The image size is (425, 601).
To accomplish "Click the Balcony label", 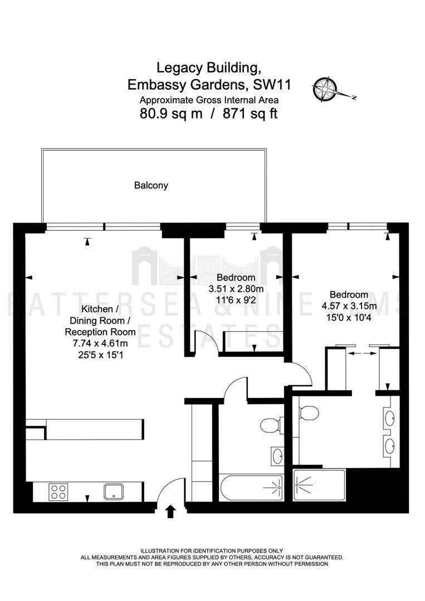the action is [151, 185].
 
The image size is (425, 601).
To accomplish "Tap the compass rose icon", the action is [325, 88].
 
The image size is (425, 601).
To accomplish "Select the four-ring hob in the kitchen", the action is [58, 492].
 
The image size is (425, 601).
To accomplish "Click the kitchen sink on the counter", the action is [114, 492].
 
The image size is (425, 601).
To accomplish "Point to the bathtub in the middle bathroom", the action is [251, 487].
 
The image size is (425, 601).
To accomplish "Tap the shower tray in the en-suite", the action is [319, 485].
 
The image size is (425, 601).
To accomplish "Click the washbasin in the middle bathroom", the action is [277, 456].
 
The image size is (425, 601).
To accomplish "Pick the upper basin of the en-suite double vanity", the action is [389, 418].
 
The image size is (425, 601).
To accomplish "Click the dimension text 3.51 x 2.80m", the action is [236, 289].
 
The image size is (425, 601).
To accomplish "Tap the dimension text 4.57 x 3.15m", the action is [349, 306].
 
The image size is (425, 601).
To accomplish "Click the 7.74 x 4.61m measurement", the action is [100, 343].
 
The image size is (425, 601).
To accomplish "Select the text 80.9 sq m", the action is [171, 114].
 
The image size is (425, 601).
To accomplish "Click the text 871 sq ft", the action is [250, 114].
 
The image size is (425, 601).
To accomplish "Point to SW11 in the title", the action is [272, 85].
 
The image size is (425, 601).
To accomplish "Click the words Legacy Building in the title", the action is [208, 68].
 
